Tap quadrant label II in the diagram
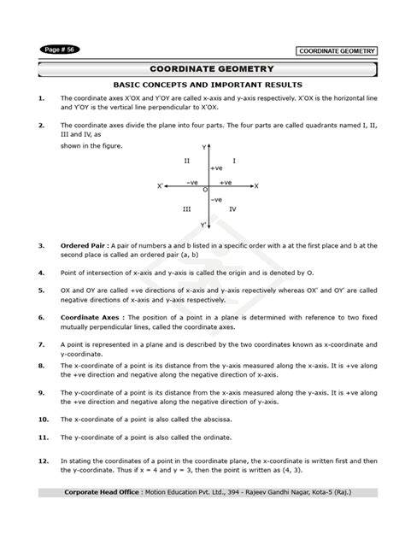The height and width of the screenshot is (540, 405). click(x=187, y=161)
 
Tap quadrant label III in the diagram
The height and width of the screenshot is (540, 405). click(x=186, y=208)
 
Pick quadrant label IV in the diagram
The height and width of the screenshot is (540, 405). click(x=232, y=208)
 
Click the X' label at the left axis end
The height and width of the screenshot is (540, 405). click(x=160, y=185)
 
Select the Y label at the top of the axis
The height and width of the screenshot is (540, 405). click(x=204, y=147)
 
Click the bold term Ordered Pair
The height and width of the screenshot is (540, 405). click(x=80, y=245)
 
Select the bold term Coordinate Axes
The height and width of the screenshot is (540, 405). click(x=85, y=315)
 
